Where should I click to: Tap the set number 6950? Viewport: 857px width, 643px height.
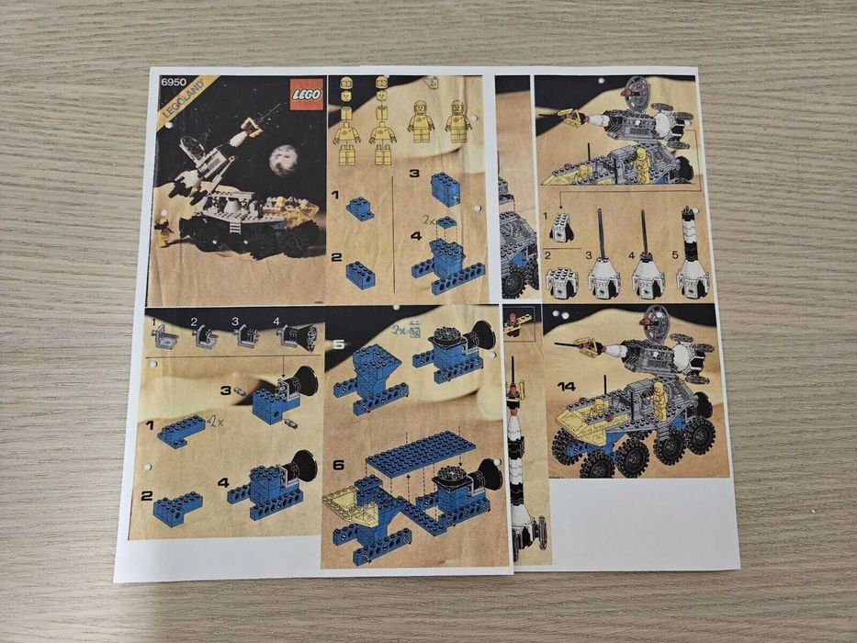pyautogui.click(x=172, y=82)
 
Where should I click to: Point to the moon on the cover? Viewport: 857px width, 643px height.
pyautogui.click(x=282, y=161)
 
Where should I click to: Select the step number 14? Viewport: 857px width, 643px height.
pyautogui.click(x=566, y=387)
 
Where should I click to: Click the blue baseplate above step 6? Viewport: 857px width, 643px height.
pyautogui.click(x=421, y=453)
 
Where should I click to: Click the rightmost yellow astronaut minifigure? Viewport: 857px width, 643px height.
pyautogui.click(x=457, y=121)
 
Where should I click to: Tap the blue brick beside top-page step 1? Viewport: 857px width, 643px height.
pyautogui.click(x=359, y=210)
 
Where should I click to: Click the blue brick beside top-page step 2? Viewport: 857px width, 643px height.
pyautogui.click(x=359, y=274)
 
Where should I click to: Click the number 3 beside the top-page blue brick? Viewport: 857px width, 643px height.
pyautogui.click(x=414, y=173)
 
